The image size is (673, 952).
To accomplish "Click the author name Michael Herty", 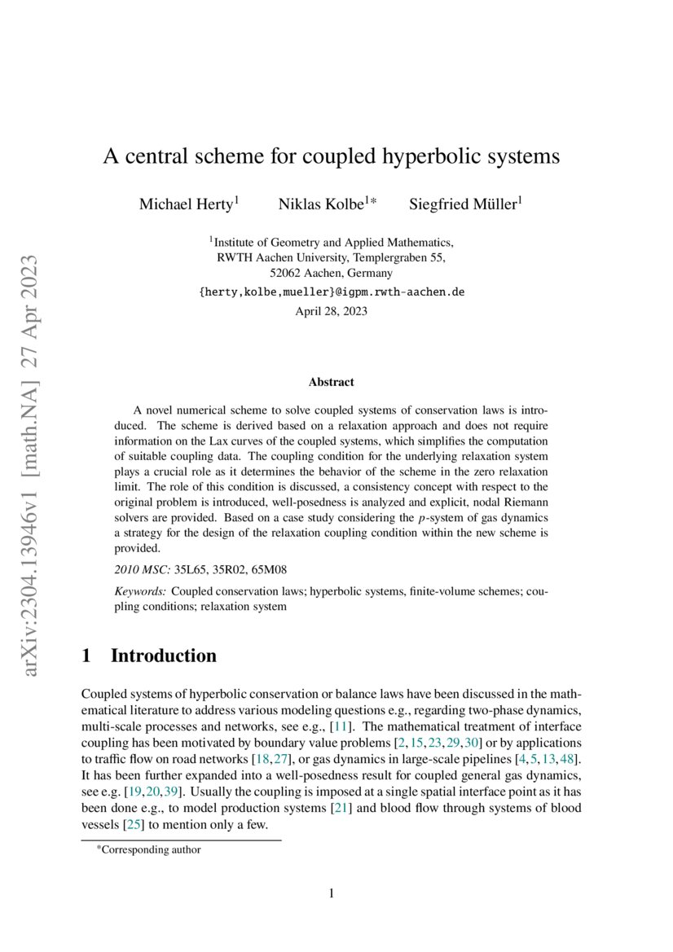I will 187,204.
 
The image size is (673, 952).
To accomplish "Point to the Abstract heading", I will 331,381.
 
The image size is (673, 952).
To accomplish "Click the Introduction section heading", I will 163,656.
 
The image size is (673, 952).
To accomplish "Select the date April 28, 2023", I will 331,310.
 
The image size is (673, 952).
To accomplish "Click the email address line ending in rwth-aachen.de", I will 331,292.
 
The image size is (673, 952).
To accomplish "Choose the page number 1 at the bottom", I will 332,894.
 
